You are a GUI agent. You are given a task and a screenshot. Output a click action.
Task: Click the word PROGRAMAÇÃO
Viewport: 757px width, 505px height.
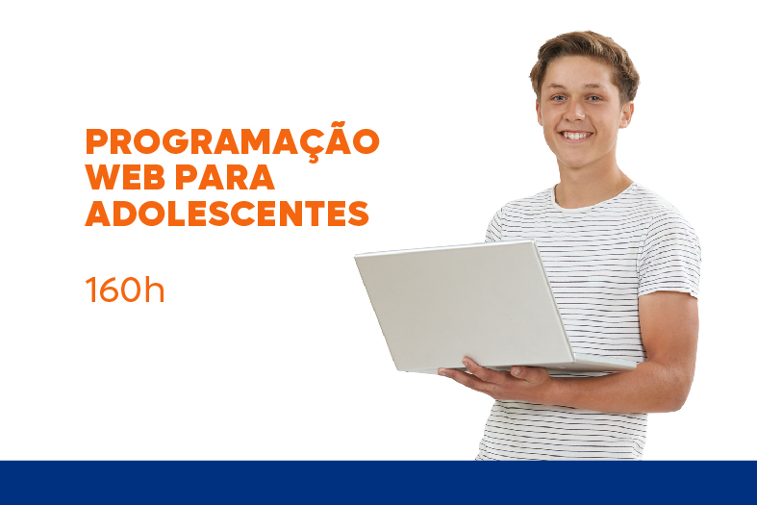[232, 140]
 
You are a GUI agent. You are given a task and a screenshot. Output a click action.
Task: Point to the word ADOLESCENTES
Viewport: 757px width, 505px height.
[227, 214]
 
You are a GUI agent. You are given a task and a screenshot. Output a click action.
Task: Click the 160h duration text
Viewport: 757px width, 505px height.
[125, 290]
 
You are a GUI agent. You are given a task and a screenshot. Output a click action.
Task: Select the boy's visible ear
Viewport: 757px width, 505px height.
[625, 114]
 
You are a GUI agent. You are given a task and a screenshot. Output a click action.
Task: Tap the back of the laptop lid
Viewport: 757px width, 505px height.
[464, 305]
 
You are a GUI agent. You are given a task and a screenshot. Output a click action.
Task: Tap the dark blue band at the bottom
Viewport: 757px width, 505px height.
[379, 483]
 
